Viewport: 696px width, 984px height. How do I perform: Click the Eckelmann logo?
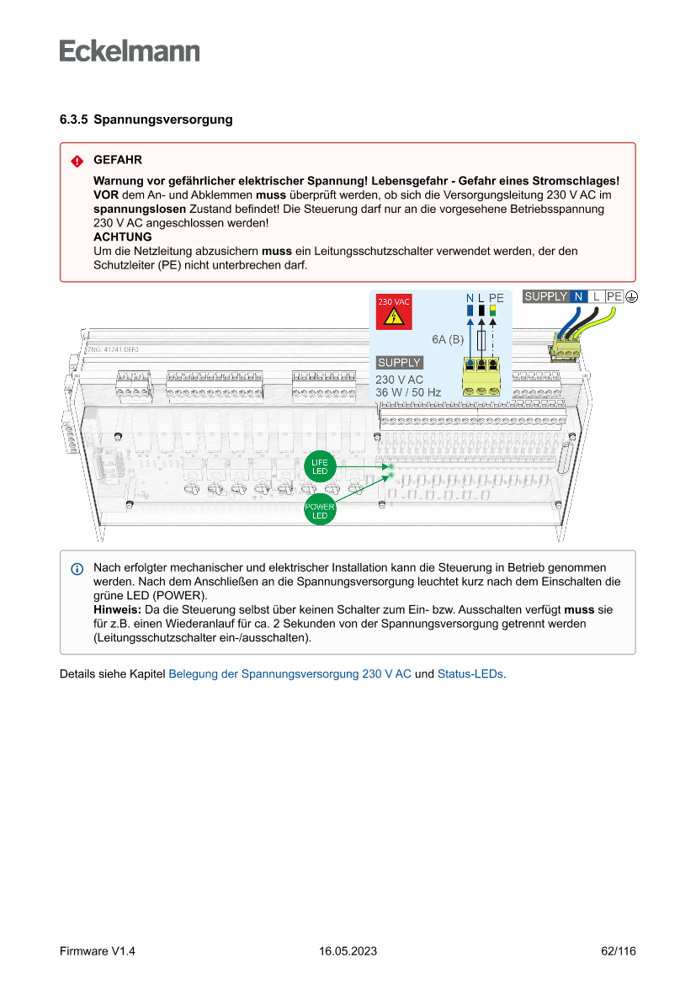pos(130,51)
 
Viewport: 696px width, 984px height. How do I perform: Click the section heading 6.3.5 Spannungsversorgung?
pos(146,120)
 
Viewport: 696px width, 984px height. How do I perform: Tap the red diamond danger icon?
pos(77,161)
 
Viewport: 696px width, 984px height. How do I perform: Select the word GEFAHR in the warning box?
pos(117,160)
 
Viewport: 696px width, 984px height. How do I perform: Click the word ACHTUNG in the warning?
pos(122,237)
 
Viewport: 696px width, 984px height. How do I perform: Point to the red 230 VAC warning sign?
pos(393,311)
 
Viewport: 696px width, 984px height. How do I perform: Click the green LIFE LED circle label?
pos(320,467)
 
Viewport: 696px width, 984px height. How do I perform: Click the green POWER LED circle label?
pos(320,511)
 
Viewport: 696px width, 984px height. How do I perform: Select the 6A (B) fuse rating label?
pos(448,339)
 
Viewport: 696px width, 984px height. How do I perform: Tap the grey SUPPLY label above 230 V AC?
pos(399,363)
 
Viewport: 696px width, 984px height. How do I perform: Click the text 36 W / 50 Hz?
pos(408,392)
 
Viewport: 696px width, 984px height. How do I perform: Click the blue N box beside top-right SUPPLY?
pos(578,296)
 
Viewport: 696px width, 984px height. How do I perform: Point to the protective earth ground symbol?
pos(631,296)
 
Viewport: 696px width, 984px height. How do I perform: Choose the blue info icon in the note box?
pos(77,569)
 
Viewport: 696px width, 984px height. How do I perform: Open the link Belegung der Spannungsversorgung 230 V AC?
pos(290,674)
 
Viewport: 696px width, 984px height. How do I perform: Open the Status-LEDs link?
pos(470,674)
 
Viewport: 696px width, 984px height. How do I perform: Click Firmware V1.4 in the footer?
pos(97,951)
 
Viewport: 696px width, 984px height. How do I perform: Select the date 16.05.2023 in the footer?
pos(348,951)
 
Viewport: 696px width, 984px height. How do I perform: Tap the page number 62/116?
pos(618,951)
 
